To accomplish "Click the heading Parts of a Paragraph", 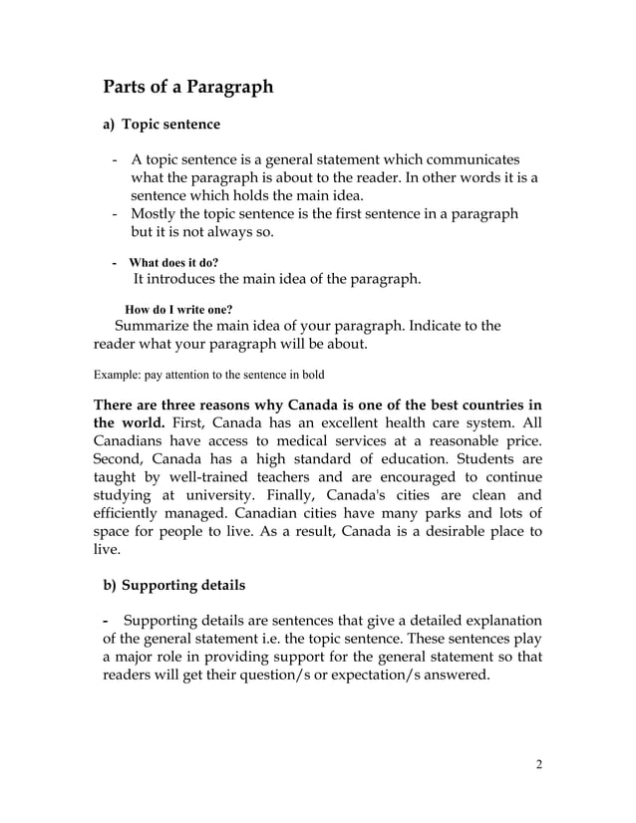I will (188, 87).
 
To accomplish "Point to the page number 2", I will (538, 765).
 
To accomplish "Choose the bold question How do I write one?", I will (178, 309).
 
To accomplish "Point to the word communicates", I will (471, 160).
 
